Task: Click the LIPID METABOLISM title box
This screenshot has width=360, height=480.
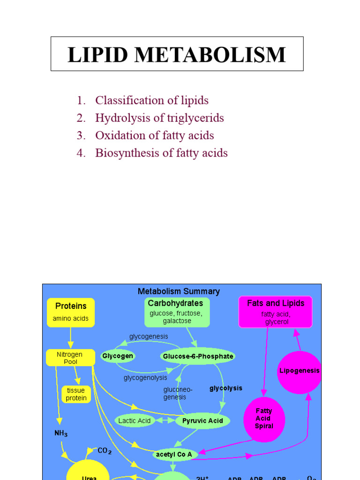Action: coord(177,54)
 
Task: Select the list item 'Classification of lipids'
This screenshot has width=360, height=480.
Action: coord(151,100)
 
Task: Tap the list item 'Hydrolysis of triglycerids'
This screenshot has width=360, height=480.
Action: coord(159,118)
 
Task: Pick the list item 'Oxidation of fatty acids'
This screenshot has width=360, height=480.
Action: coord(154,135)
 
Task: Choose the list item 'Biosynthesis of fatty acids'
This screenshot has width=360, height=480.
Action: coord(161,153)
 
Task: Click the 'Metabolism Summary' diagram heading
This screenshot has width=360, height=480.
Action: coord(179,291)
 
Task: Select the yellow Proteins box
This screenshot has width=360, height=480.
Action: coord(71,312)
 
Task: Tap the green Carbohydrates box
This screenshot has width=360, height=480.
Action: coord(176,312)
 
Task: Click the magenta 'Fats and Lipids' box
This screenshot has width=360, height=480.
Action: coord(276,312)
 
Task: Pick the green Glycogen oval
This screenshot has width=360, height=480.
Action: coord(118,356)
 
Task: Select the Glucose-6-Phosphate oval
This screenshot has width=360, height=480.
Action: coord(197,356)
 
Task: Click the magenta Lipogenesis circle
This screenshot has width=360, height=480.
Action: coord(299,371)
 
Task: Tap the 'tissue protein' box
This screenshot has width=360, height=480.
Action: coord(76,394)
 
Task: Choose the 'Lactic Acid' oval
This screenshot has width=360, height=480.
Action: coord(134,420)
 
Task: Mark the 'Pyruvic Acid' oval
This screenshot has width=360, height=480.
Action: coord(202,420)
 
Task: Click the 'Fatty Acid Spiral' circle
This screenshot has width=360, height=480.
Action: coord(264,419)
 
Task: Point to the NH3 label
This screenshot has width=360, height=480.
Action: coord(60,434)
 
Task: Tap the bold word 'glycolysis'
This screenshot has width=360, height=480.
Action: coord(225,388)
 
